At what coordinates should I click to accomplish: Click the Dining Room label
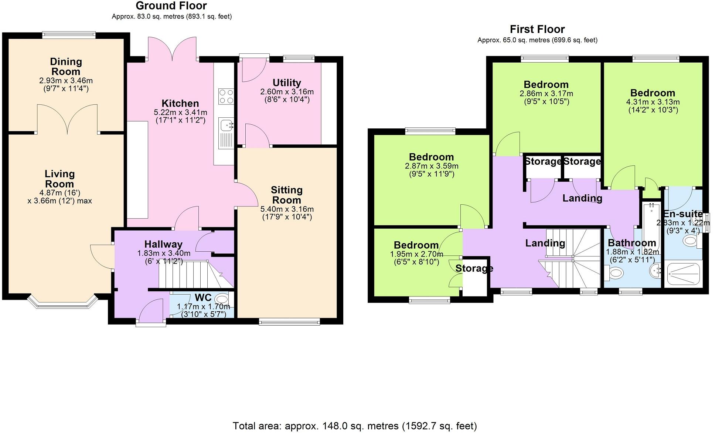coord(66,67)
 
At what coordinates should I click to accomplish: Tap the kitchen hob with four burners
coord(226,96)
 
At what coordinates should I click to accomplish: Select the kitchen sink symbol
coord(225,125)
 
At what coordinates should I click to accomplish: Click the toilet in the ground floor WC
coord(222,298)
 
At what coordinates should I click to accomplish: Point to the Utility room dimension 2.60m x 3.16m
coord(287,92)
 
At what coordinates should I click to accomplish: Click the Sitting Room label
coord(287,195)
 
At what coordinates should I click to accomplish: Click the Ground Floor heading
coord(171,6)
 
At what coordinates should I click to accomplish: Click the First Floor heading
coord(537,29)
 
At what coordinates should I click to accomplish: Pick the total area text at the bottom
coord(354,426)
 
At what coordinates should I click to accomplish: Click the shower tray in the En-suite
coord(683,274)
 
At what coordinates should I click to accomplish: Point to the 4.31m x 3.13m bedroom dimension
coord(653,102)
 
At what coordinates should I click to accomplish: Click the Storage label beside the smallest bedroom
coord(474,268)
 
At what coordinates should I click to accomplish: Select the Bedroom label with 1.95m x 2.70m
coord(416,245)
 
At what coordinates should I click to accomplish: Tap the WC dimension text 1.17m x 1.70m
coord(203,307)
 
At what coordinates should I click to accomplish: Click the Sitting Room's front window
coord(289,322)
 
